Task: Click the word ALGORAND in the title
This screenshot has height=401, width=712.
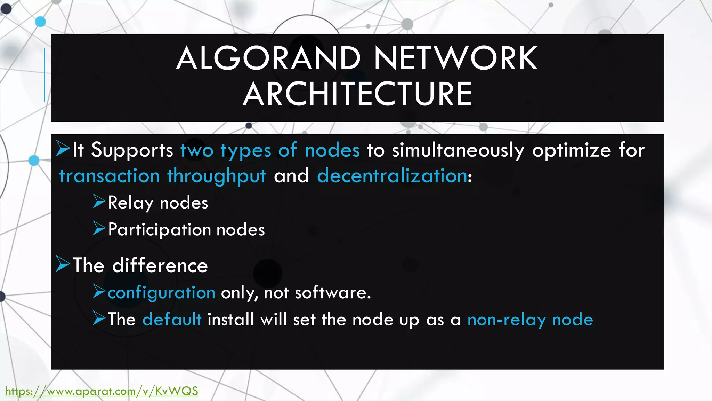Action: tap(268, 58)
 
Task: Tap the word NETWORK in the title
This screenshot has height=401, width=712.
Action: tap(456, 58)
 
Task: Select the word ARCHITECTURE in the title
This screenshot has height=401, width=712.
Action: tap(357, 94)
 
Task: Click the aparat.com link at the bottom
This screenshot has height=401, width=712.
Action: tap(102, 391)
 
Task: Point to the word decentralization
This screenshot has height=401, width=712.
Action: tap(392, 175)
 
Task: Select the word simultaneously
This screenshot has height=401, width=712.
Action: tap(458, 150)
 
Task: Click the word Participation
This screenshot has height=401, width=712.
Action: tap(160, 230)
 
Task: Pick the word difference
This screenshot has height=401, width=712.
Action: tap(160, 265)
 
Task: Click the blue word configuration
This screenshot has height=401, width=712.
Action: tap(161, 293)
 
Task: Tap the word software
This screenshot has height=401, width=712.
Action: tap(333, 293)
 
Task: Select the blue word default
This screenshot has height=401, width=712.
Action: tap(172, 319)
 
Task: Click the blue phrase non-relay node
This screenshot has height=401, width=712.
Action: tap(530, 320)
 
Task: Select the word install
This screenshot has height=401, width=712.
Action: tap(230, 319)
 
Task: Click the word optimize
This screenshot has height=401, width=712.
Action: tap(571, 150)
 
